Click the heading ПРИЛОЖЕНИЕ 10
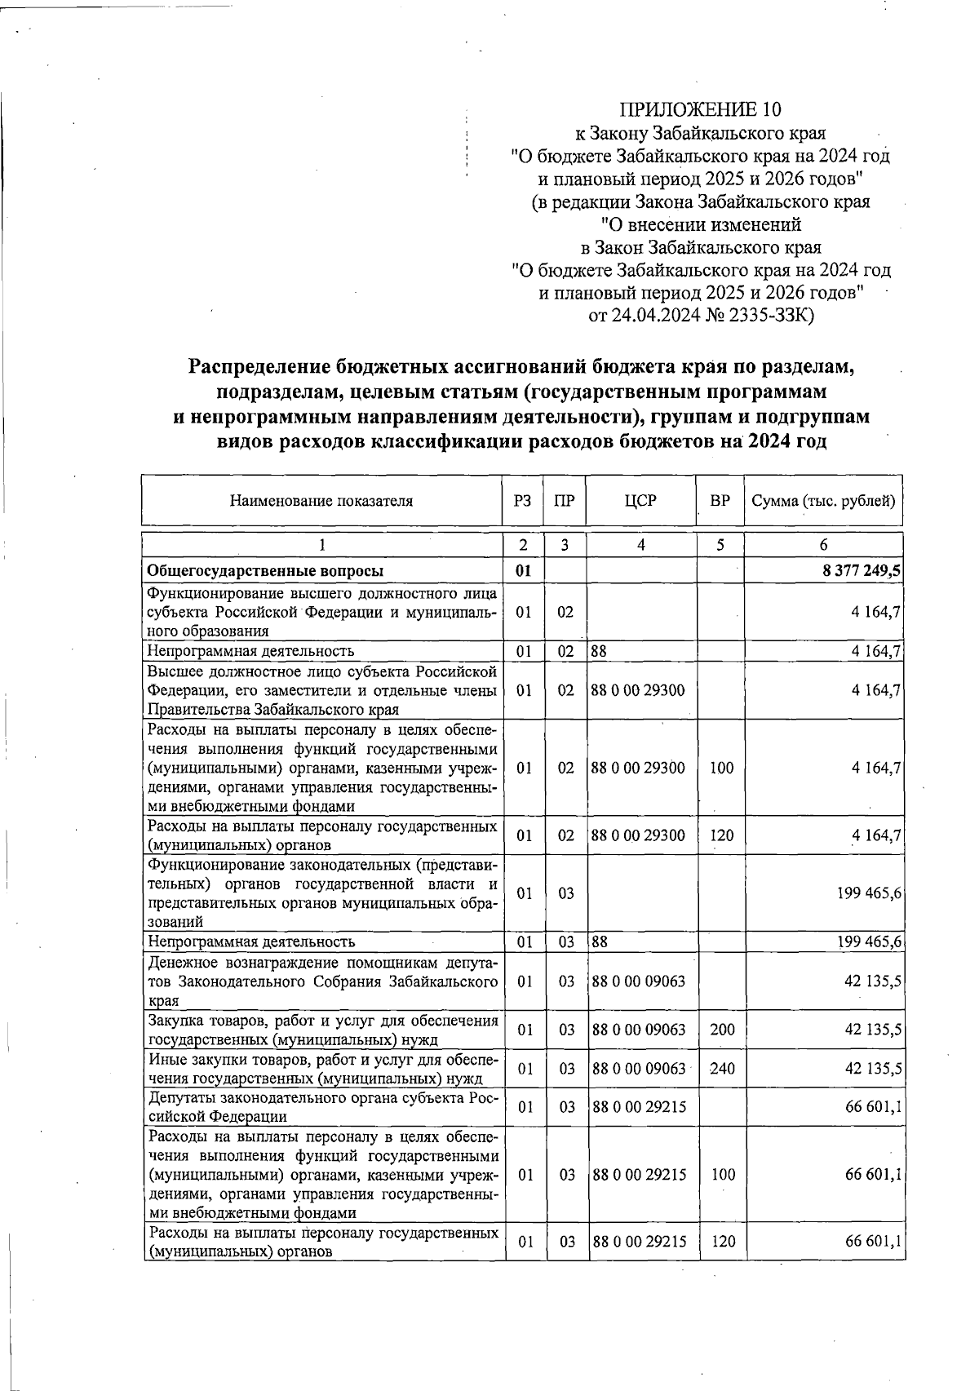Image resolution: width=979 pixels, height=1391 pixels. (700, 109)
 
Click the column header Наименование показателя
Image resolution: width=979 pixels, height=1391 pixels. (321, 501)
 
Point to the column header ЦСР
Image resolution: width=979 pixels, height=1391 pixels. (641, 501)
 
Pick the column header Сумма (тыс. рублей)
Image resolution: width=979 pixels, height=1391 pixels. (823, 501)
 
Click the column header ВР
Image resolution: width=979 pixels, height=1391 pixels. (720, 501)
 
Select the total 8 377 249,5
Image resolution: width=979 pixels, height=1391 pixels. (862, 571)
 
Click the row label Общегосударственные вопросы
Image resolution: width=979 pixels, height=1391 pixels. (265, 571)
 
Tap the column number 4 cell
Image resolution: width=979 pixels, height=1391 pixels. (641, 545)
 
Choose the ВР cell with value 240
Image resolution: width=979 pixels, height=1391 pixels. (722, 1069)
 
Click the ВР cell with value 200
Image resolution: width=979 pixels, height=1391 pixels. (722, 1030)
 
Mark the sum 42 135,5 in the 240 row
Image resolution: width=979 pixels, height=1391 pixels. (873, 1069)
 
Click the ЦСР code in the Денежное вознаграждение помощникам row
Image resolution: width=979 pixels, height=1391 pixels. (640, 981)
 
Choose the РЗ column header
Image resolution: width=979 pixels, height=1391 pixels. (523, 501)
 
